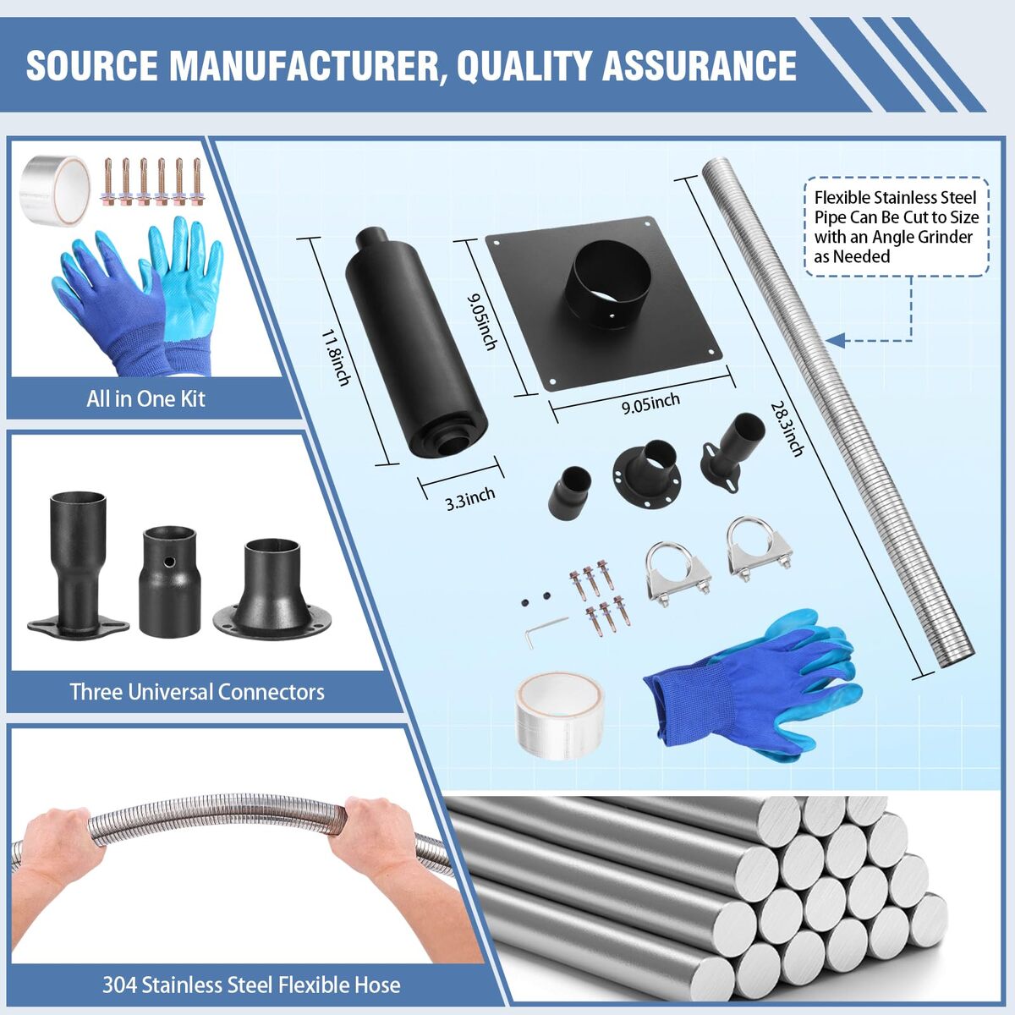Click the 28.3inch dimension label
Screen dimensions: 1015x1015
(x=787, y=430)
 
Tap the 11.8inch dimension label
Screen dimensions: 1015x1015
(x=336, y=357)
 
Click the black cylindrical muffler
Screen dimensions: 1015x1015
(x=415, y=343)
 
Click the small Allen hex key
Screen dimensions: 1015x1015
(x=545, y=630)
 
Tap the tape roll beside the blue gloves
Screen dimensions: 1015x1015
(x=559, y=716)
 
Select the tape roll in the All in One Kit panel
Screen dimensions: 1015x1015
(x=55, y=189)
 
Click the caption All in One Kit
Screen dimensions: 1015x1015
(x=145, y=398)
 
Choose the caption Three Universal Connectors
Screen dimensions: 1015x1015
(x=197, y=692)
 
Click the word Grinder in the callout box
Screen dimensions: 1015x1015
(x=946, y=237)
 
